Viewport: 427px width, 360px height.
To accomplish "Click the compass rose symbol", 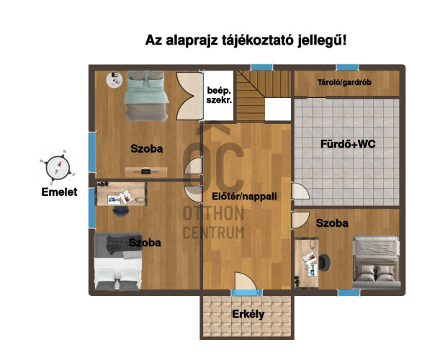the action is tap(58, 167).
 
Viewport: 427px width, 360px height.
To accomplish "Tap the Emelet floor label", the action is tap(59, 192).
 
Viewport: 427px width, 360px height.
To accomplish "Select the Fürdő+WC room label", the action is tap(348, 144).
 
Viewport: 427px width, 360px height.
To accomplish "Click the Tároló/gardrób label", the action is tap(344, 82).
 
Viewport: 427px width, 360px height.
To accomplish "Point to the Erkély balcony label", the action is tap(248, 314).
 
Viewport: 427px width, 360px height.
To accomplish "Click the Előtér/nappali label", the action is tap(244, 197).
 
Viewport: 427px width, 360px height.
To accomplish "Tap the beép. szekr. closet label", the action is tap(219, 95).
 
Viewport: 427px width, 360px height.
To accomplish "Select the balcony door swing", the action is tap(246, 281).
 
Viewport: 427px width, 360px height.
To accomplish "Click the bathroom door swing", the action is tap(300, 192).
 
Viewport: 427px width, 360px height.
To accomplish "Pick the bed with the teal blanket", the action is tap(146, 96).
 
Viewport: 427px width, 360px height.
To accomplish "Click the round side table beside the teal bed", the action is tap(114, 79).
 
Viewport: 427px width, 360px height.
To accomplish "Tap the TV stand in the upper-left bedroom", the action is tap(146, 172).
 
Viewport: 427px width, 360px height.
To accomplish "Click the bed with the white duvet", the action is tap(118, 261).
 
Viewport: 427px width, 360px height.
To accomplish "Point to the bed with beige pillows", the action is tap(376, 263).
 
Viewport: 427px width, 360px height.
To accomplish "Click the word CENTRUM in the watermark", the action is tap(214, 233).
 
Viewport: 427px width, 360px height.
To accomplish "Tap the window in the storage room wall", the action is tap(347, 67).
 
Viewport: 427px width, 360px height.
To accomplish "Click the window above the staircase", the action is tap(261, 67).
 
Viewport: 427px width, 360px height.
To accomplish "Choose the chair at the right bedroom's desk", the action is tap(324, 263).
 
